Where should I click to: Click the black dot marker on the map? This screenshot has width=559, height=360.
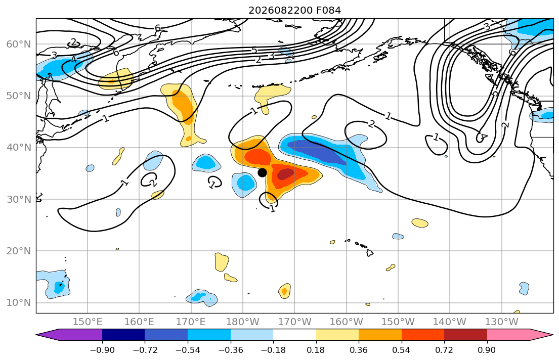coord(262,172)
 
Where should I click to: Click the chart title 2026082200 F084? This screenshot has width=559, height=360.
coord(294,10)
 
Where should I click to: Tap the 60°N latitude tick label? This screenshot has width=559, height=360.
coord(19,44)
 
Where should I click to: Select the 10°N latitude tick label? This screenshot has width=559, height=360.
coord(19,303)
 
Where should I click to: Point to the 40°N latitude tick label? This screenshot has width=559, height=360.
coord(19,147)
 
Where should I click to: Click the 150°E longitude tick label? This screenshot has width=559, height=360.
coord(88,322)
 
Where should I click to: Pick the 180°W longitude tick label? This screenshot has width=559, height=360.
coord(243,322)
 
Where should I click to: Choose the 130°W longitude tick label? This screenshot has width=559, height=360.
coord(502,322)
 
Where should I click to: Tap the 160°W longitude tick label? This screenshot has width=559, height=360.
coord(347,322)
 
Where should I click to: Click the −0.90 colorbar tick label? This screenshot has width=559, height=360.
coord(102,350)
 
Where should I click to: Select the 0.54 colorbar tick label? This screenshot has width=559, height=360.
coord(402,350)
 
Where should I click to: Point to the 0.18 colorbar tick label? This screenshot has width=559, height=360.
coord(316,350)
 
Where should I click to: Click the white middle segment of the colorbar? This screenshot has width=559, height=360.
coord(294,335)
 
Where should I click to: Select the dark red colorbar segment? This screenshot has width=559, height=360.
coord(465,335)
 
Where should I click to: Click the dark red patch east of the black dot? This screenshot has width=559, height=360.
coord(285,174)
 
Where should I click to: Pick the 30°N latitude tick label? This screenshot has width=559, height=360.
coord(19,199)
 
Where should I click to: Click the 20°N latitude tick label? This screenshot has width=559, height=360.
coord(19,251)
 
